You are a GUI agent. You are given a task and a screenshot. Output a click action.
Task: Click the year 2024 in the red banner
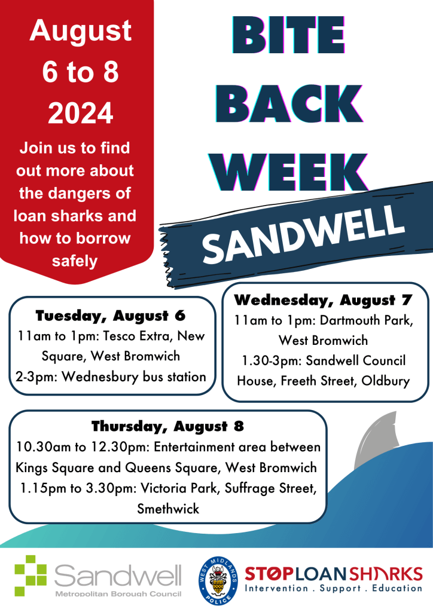click(x=80, y=113)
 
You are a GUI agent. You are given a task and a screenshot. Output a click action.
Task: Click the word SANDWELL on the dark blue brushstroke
click(x=303, y=234)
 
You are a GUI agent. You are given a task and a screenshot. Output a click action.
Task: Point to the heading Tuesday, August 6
click(x=111, y=316)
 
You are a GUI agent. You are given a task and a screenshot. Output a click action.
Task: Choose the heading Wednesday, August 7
click(x=324, y=300)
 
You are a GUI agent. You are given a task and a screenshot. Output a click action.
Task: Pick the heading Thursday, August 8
click(x=168, y=426)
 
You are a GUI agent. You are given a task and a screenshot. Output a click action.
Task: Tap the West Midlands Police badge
click(x=218, y=581)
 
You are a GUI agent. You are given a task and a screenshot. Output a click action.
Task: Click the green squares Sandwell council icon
click(x=31, y=576)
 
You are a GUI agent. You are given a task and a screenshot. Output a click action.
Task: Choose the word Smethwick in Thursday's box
click(x=168, y=509)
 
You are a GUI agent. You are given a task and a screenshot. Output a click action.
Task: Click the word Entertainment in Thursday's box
click(x=193, y=447)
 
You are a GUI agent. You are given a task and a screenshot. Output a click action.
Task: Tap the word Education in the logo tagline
click(x=397, y=588)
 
